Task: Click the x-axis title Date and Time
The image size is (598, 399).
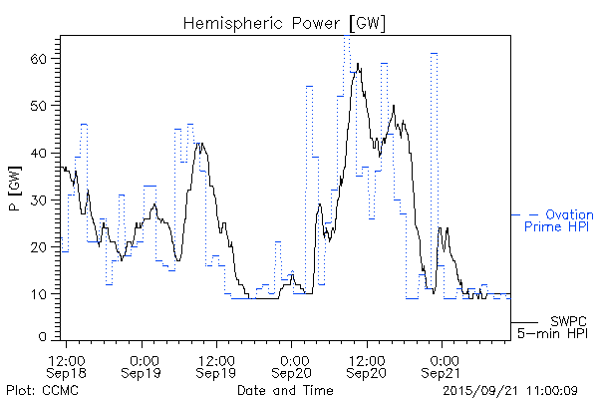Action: click(285, 390)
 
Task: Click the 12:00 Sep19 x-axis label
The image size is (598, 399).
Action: click(217, 365)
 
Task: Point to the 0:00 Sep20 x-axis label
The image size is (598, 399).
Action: click(292, 365)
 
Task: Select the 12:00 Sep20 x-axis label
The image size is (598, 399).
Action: click(367, 365)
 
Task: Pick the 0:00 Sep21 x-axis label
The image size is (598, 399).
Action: click(442, 365)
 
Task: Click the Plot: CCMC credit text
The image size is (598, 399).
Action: click(42, 390)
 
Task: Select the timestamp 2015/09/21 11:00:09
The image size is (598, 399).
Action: click(510, 390)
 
